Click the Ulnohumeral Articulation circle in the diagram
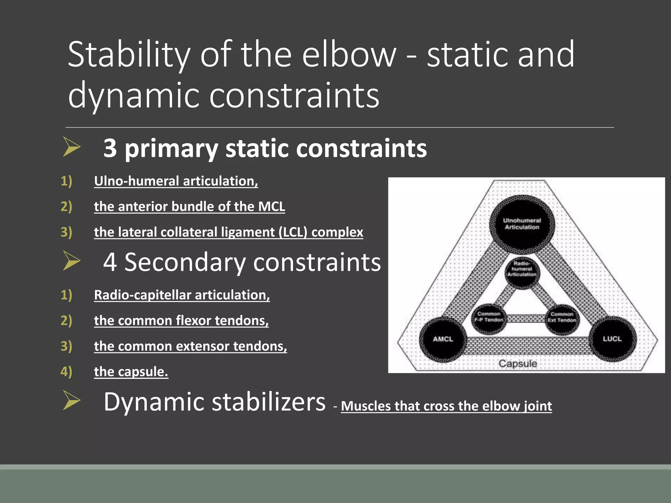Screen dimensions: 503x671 [522, 224]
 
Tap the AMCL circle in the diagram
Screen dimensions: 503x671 [443, 339]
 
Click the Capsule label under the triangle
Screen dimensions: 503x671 [518, 363]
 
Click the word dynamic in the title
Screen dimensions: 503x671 [133, 95]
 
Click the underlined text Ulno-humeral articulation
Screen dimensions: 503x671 [176, 181]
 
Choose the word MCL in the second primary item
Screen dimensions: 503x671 [271, 207]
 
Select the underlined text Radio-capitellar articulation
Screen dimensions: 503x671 [182, 295]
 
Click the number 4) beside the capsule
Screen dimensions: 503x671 [66, 372]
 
